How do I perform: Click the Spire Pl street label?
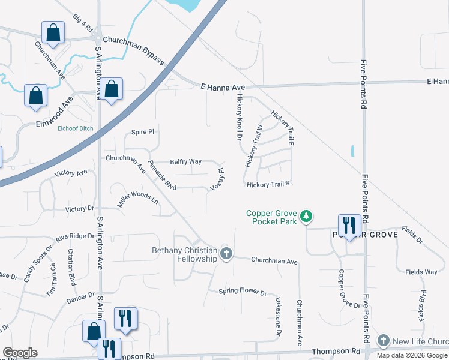[x=143, y=132]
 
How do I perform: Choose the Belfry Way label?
[x=185, y=161]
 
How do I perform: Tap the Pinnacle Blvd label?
[x=162, y=175]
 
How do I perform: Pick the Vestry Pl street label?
[x=217, y=179]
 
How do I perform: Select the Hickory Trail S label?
[x=268, y=184]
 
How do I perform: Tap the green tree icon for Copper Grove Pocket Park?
[x=307, y=215]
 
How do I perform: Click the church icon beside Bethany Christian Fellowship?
[x=226, y=253]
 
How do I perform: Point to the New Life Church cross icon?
[x=384, y=341]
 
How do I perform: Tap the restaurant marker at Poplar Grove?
[x=349, y=225]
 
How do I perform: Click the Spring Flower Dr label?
[x=243, y=292]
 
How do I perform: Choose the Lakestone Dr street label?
[x=279, y=316]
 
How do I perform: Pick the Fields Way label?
[x=421, y=272]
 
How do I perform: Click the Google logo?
[x=20, y=353]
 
